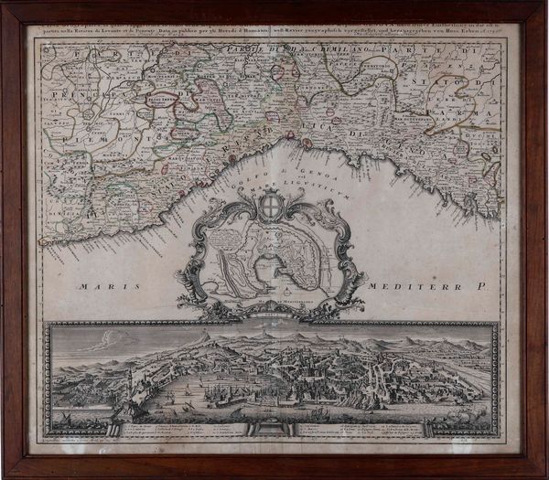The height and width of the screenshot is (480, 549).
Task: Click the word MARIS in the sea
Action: coord(107,287)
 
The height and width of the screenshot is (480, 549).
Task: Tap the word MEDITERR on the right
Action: coord(425,287)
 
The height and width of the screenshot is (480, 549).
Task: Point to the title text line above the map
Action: coord(274,35)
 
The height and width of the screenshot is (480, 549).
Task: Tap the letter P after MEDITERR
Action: coord(490,287)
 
